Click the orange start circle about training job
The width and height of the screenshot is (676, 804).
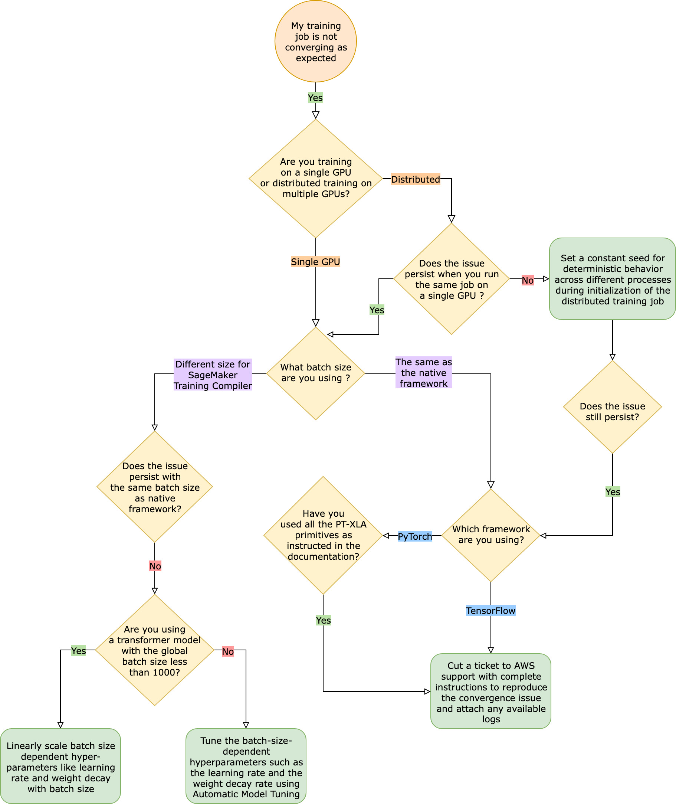(x=315, y=42)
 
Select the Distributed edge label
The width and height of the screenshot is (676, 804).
(x=415, y=179)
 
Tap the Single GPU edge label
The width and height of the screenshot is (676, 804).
(x=315, y=261)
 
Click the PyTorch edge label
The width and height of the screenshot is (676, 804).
(x=414, y=536)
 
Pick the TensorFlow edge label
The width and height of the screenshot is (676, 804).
(x=490, y=610)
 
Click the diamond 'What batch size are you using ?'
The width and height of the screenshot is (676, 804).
(x=315, y=373)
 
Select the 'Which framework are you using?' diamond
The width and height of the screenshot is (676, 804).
(x=490, y=535)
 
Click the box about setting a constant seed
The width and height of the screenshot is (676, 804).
(x=612, y=279)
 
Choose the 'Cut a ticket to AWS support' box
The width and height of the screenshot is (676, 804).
(x=490, y=691)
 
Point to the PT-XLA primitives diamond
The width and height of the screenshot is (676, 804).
(x=323, y=535)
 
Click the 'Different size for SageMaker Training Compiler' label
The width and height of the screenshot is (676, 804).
(x=213, y=375)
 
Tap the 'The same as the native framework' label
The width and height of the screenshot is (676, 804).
(x=423, y=372)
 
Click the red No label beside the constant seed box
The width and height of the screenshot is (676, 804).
(x=527, y=280)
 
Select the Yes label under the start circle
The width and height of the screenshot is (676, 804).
(x=315, y=98)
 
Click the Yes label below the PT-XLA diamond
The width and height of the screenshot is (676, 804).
(x=323, y=620)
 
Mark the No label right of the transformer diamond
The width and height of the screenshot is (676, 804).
(x=228, y=651)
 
